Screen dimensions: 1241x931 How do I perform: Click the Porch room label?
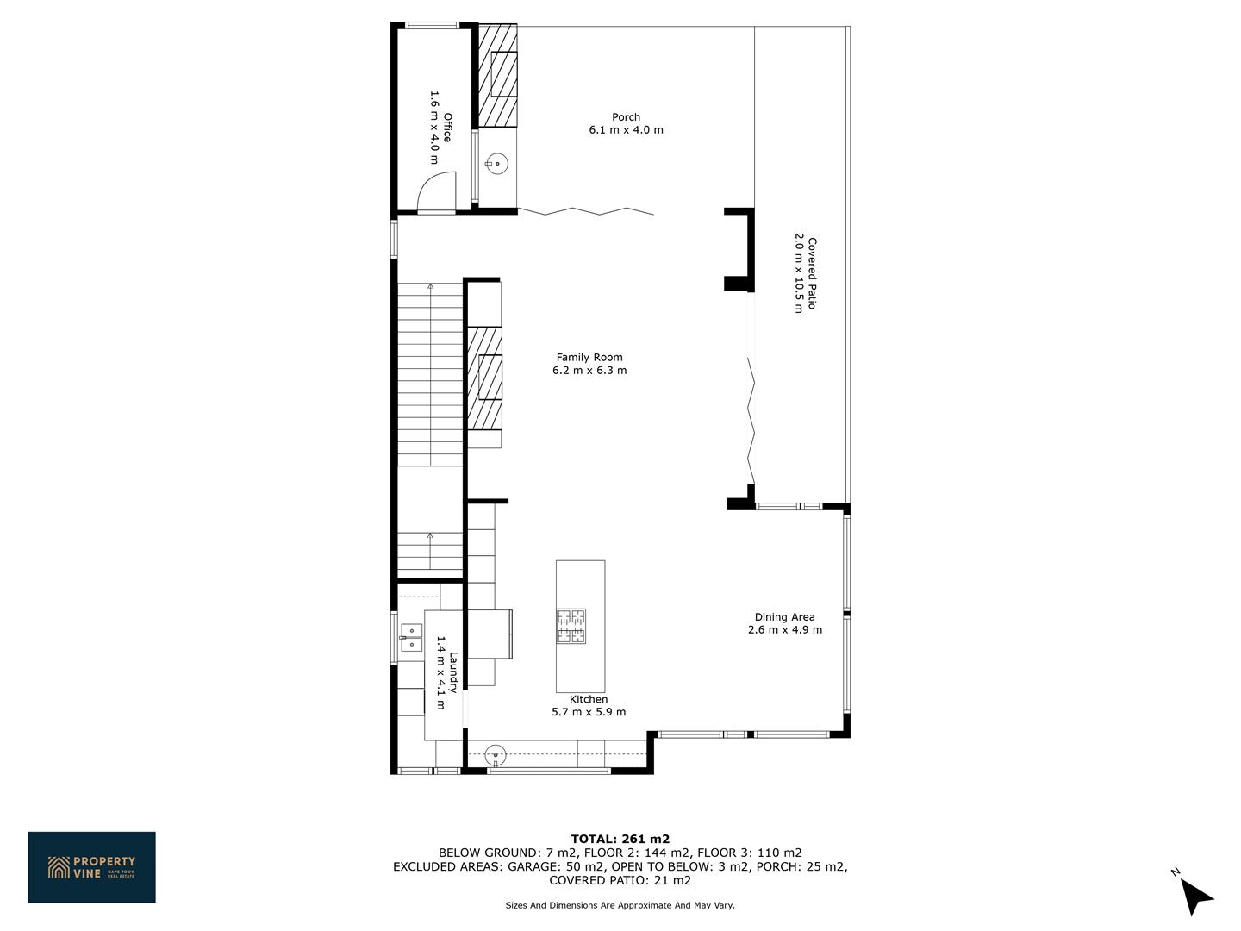[x=626, y=117]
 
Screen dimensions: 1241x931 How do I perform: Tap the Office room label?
[x=447, y=128]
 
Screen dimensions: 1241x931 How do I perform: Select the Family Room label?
[x=589, y=357]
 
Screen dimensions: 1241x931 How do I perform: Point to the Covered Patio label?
[x=812, y=273]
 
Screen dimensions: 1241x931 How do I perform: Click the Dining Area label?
[x=785, y=616]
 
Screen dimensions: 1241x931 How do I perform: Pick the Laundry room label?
[x=452, y=672]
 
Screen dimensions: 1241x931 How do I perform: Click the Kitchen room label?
[x=589, y=699]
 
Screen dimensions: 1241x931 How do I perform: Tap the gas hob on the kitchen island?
[x=571, y=626]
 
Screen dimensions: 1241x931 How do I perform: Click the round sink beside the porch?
[x=497, y=164]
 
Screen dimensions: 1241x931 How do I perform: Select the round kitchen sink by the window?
[x=496, y=754]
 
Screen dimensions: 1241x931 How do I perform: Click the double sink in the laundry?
[x=411, y=637]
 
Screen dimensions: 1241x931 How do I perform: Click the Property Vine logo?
[x=91, y=867]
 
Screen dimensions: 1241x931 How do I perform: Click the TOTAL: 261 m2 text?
[x=620, y=839]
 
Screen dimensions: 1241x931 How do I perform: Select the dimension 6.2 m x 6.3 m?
[x=589, y=371]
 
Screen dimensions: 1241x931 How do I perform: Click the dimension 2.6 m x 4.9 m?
[x=785, y=629]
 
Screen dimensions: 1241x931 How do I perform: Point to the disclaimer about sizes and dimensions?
[x=620, y=905]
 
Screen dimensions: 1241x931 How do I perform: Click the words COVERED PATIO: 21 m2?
[x=620, y=880]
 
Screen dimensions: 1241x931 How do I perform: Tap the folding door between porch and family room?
[x=586, y=211]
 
